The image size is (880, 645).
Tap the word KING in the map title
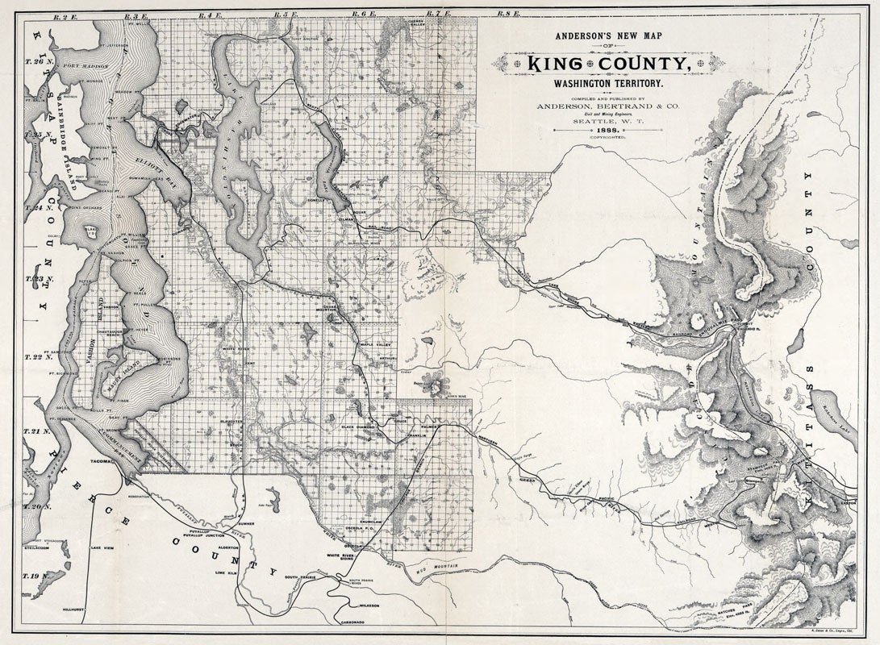point(562,64)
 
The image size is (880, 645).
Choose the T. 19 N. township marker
point(31,576)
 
